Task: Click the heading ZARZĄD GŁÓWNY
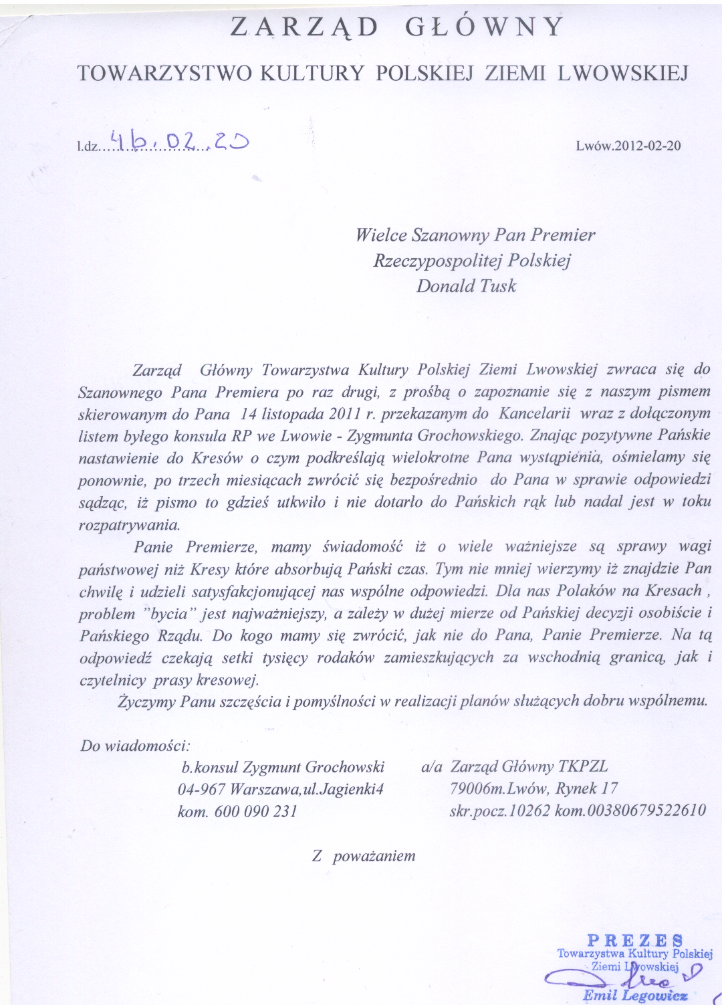(x=398, y=27)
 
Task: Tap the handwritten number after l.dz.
(x=180, y=140)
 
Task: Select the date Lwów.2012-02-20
(x=628, y=146)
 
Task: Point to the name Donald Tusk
(x=466, y=286)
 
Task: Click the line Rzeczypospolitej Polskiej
(x=472, y=260)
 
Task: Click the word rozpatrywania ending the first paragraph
(x=129, y=524)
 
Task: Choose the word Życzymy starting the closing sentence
(x=146, y=701)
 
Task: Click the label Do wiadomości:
(x=135, y=746)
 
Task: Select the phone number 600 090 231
(x=255, y=811)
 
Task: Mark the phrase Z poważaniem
(x=364, y=856)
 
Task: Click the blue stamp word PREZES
(x=635, y=940)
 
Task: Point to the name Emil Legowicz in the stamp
(x=635, y=995)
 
